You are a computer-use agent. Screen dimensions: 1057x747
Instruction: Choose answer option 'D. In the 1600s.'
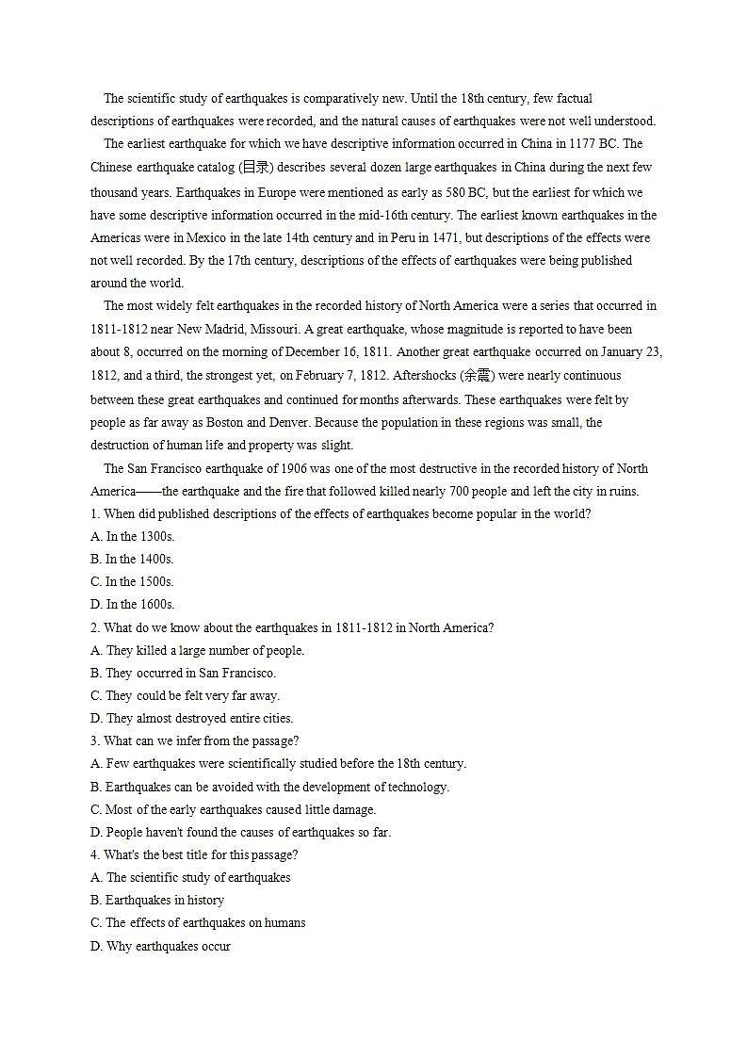pos(132,604)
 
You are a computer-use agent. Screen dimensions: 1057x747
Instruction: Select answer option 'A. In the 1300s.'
pos(132,536)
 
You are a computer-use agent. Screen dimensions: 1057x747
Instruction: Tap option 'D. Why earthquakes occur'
pos(160,946)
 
